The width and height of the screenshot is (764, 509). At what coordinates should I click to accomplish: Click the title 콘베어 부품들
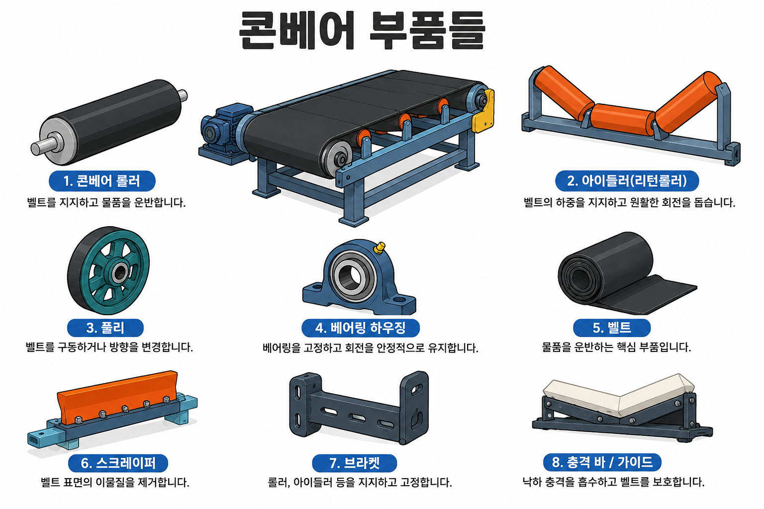click(x=362, y=31)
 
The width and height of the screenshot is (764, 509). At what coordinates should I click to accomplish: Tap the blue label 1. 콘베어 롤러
click(x=102, y=181)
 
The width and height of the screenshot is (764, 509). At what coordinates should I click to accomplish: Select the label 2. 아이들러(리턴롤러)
click(x=627, y=181)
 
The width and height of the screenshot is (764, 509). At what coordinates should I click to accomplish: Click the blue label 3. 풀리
click(x=105, y=328)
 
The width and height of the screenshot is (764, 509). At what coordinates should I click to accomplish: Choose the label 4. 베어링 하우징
click(x=361, y=328)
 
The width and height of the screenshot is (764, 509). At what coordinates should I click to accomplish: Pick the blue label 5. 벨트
click(x=611, y=328)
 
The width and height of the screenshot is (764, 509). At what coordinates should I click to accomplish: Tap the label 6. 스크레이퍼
click(x=118, y=463)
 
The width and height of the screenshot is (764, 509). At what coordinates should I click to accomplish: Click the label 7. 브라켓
click(x=354, y=463)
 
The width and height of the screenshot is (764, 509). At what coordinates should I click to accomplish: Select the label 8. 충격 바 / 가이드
click(x=602, y=462)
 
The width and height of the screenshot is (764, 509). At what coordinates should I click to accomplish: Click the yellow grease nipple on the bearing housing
click(x=379, y=248)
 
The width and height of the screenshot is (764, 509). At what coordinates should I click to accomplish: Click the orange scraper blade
click(x=118, y=397)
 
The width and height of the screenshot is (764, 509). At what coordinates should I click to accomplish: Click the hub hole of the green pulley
click(x=119, y=272)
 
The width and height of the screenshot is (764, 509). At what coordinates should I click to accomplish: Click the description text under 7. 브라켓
click(x=360, y=483)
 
